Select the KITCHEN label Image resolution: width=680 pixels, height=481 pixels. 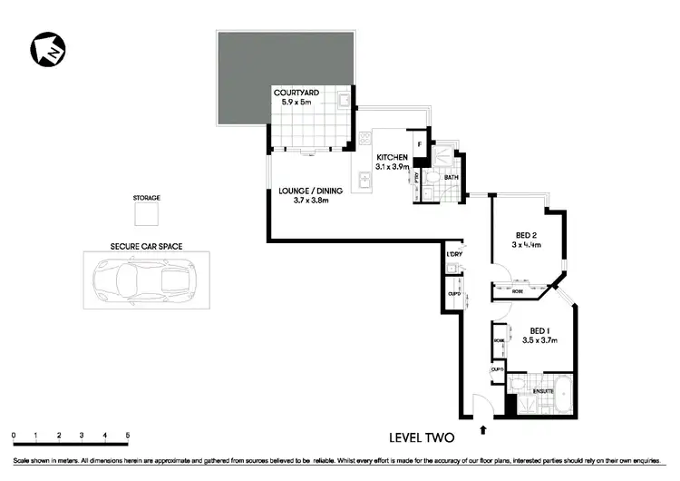tap(393, 157)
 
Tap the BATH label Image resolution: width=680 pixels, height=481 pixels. tap(439, 177)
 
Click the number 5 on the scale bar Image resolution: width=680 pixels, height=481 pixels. tap(128, 436)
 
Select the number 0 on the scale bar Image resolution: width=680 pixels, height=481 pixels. tap(15, 436)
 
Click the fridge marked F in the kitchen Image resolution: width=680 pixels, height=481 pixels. tap(420, 144)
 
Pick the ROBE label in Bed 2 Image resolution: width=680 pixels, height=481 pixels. tap(517, 291)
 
